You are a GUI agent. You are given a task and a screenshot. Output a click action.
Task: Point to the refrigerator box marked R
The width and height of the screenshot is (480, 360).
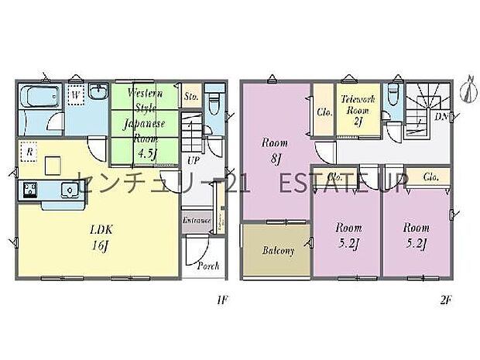[28, 153]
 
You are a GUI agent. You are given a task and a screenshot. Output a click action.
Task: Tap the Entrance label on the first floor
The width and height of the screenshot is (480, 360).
[197, 221]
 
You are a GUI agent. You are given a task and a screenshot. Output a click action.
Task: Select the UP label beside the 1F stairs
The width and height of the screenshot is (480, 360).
[192, 161]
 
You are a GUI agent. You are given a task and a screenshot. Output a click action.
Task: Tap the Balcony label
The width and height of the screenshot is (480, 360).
[277, 252]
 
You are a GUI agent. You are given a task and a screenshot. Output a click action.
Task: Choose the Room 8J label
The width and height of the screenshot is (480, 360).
[274, 149]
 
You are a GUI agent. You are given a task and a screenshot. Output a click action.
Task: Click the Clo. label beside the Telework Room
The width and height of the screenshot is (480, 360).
[324, 111]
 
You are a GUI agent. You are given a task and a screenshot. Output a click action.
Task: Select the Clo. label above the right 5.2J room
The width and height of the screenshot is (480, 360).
[430, 177]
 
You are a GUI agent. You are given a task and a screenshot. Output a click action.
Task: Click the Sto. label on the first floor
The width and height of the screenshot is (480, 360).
[190, 98]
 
